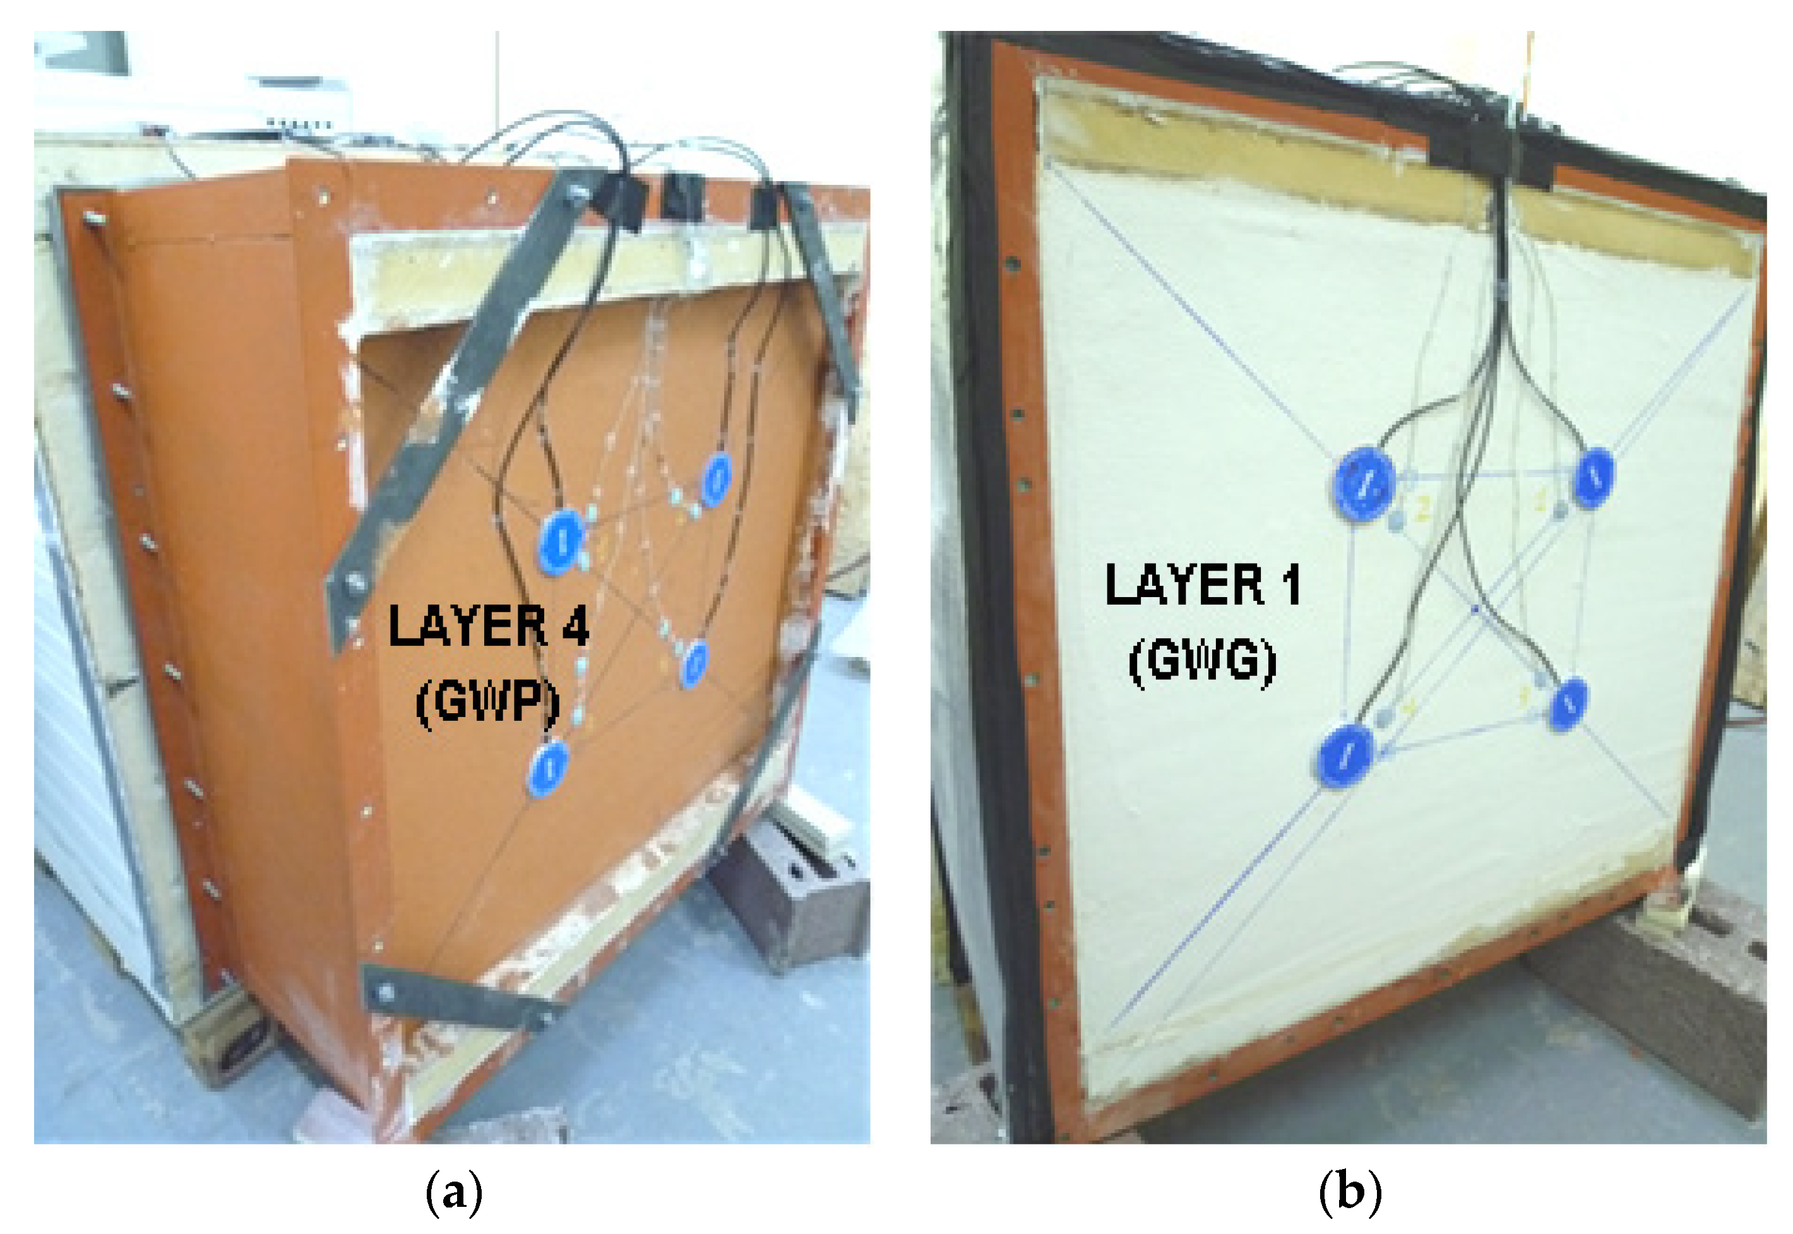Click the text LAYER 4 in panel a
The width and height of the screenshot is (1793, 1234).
(488, 626)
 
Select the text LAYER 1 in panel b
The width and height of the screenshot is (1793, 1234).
(1201, 584)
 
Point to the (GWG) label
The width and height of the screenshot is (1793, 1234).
(1201, 661)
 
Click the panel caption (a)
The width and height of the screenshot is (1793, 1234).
(454, 1193)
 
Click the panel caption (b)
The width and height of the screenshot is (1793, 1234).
(1349, 1193)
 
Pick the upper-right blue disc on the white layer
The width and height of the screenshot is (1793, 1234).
(1593, 478)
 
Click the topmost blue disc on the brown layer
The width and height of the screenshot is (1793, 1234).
(716, 479)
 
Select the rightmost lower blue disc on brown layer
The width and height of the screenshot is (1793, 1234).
(694, 663)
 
